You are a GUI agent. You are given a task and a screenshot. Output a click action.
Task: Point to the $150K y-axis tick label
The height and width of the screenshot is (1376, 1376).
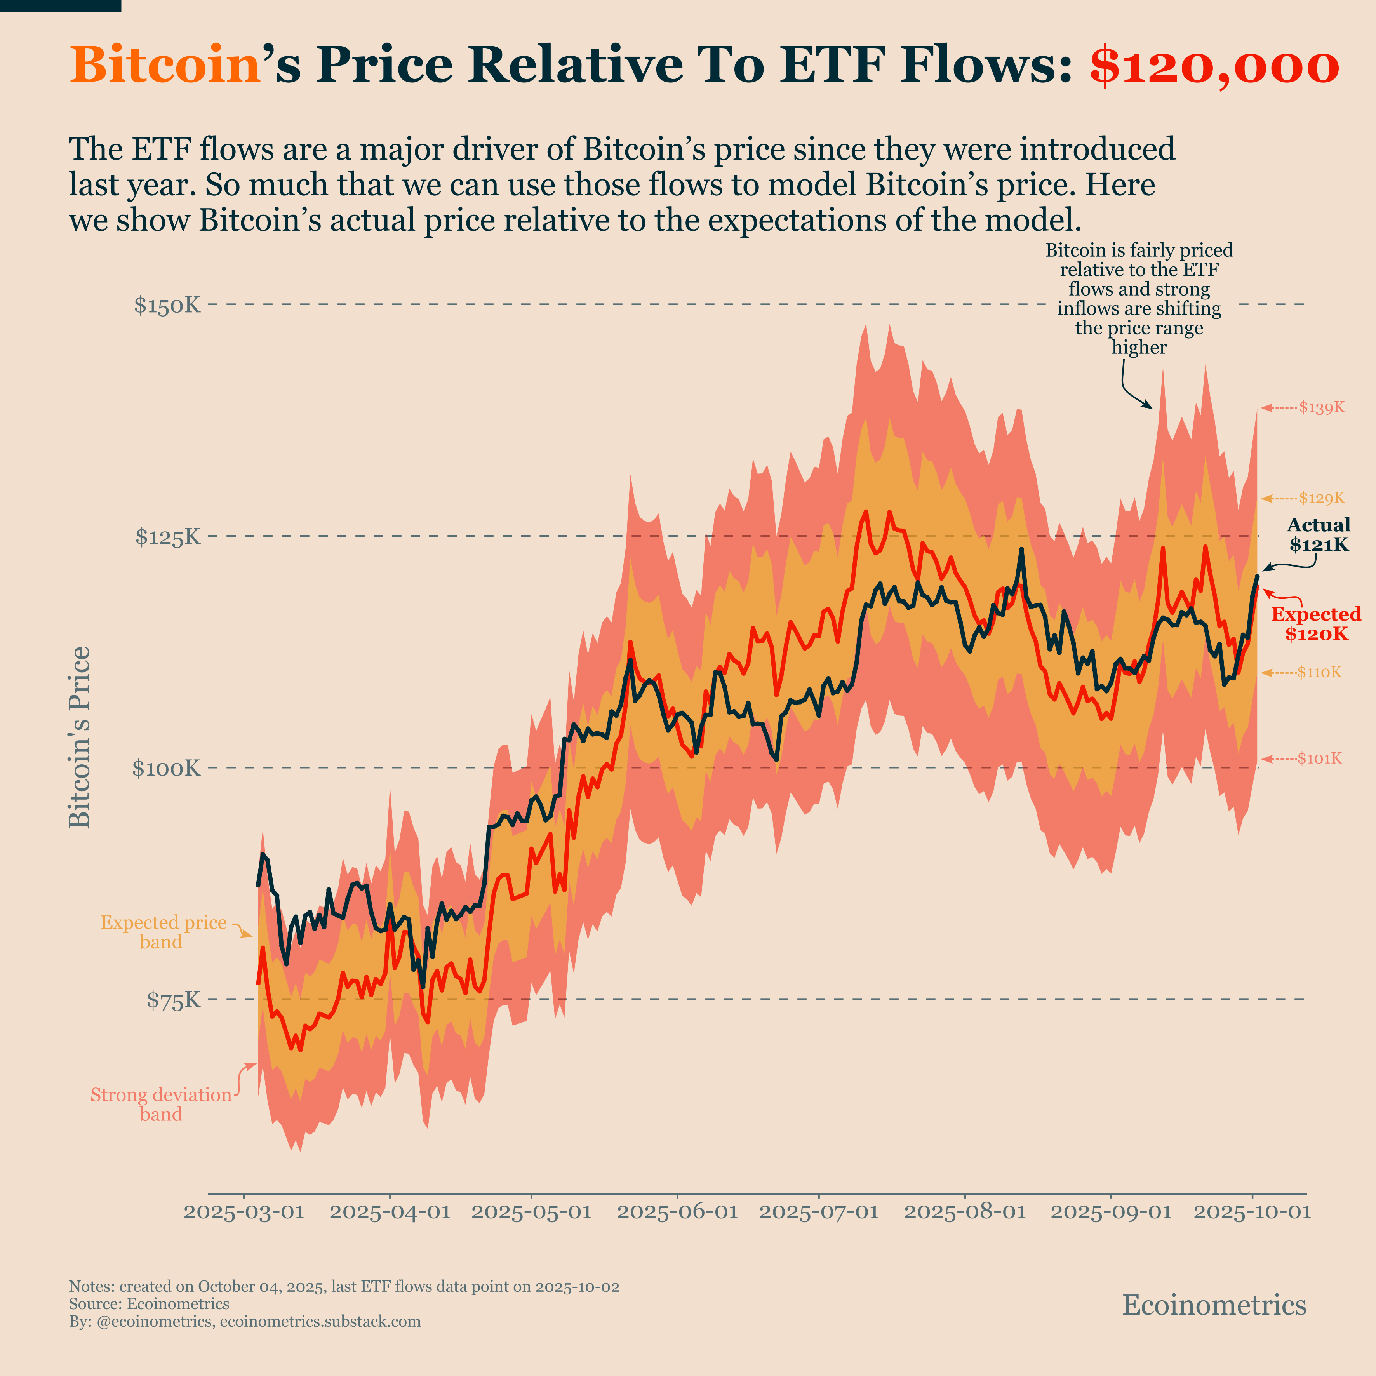[x=167, y=306]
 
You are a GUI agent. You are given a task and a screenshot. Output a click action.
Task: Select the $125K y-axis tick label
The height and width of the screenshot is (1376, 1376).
[x=168, y=536]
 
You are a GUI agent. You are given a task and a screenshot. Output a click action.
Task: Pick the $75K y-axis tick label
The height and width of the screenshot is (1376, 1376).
[x=174, y=1000]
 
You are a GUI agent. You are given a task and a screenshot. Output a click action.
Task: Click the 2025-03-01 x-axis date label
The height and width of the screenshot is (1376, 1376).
[x=244, y=1212]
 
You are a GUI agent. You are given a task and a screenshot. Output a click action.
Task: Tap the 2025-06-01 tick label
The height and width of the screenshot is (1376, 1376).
[x=677, y=1212]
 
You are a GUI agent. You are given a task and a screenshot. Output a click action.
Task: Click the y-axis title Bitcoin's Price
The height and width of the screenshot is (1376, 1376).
[x=80, y=737]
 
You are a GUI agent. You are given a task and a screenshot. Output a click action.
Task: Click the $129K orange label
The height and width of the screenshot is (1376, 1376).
[x=1321, y=498]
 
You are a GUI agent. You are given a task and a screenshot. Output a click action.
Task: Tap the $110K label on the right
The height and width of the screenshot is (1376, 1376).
[x=1319, y=672]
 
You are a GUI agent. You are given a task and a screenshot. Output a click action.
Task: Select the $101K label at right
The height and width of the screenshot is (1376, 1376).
[x=1319, y=758]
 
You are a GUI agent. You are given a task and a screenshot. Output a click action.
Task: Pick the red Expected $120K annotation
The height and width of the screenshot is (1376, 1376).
[x=1316, y=624]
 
